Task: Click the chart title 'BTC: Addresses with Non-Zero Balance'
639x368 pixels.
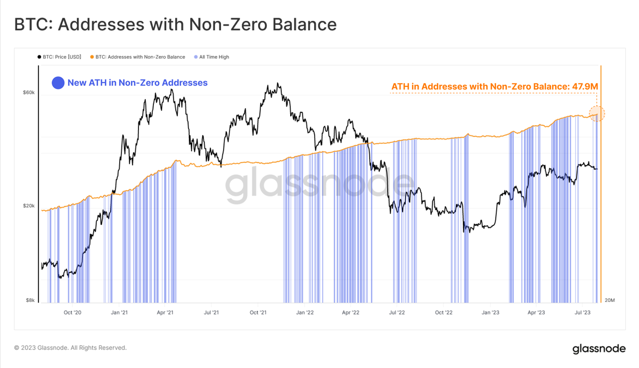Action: (175, 24)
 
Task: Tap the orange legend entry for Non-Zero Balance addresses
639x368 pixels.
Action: (140, 57)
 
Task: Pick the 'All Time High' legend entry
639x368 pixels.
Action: (214, 57)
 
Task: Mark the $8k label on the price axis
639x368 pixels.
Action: (30, 300)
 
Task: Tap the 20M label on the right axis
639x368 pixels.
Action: (610, 300)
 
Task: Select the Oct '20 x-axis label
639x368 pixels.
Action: (72, 313)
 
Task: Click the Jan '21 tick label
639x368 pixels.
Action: (119, 313)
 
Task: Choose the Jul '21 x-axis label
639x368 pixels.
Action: (212, 313)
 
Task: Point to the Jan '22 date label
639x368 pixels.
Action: (305, 313)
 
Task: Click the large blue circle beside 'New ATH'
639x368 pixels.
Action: (58, 83)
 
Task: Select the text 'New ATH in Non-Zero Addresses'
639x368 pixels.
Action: (137, 83)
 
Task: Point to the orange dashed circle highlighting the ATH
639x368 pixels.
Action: (596, 112)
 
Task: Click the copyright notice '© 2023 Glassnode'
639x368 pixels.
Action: (70, 348)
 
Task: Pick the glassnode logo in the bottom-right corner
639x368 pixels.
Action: (599, 349)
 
